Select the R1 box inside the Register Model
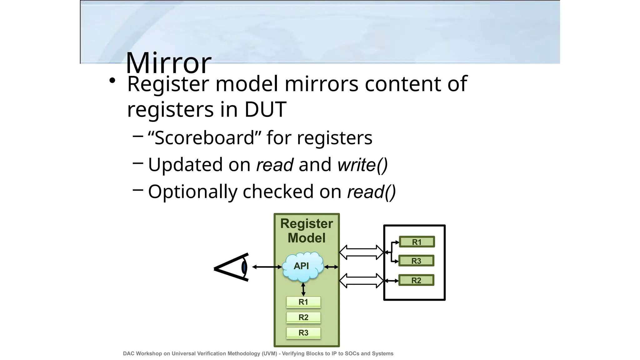point(303,302)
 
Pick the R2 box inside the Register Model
point(303,317)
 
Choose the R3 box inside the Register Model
point(303,333)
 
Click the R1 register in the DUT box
point(417,242)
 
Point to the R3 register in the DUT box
point(416,261)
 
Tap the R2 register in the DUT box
point(416,280)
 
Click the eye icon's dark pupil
point(244,267)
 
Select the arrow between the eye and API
point(267,267)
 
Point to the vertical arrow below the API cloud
point(303,289)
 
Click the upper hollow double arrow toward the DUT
point(361,252)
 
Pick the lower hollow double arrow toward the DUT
point(361,281)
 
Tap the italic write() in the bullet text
point(362,165)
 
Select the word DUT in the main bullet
point(265,109)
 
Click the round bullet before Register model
point(112,81)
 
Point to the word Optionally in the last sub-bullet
point(192,192)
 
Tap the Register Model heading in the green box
point(307,231)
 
